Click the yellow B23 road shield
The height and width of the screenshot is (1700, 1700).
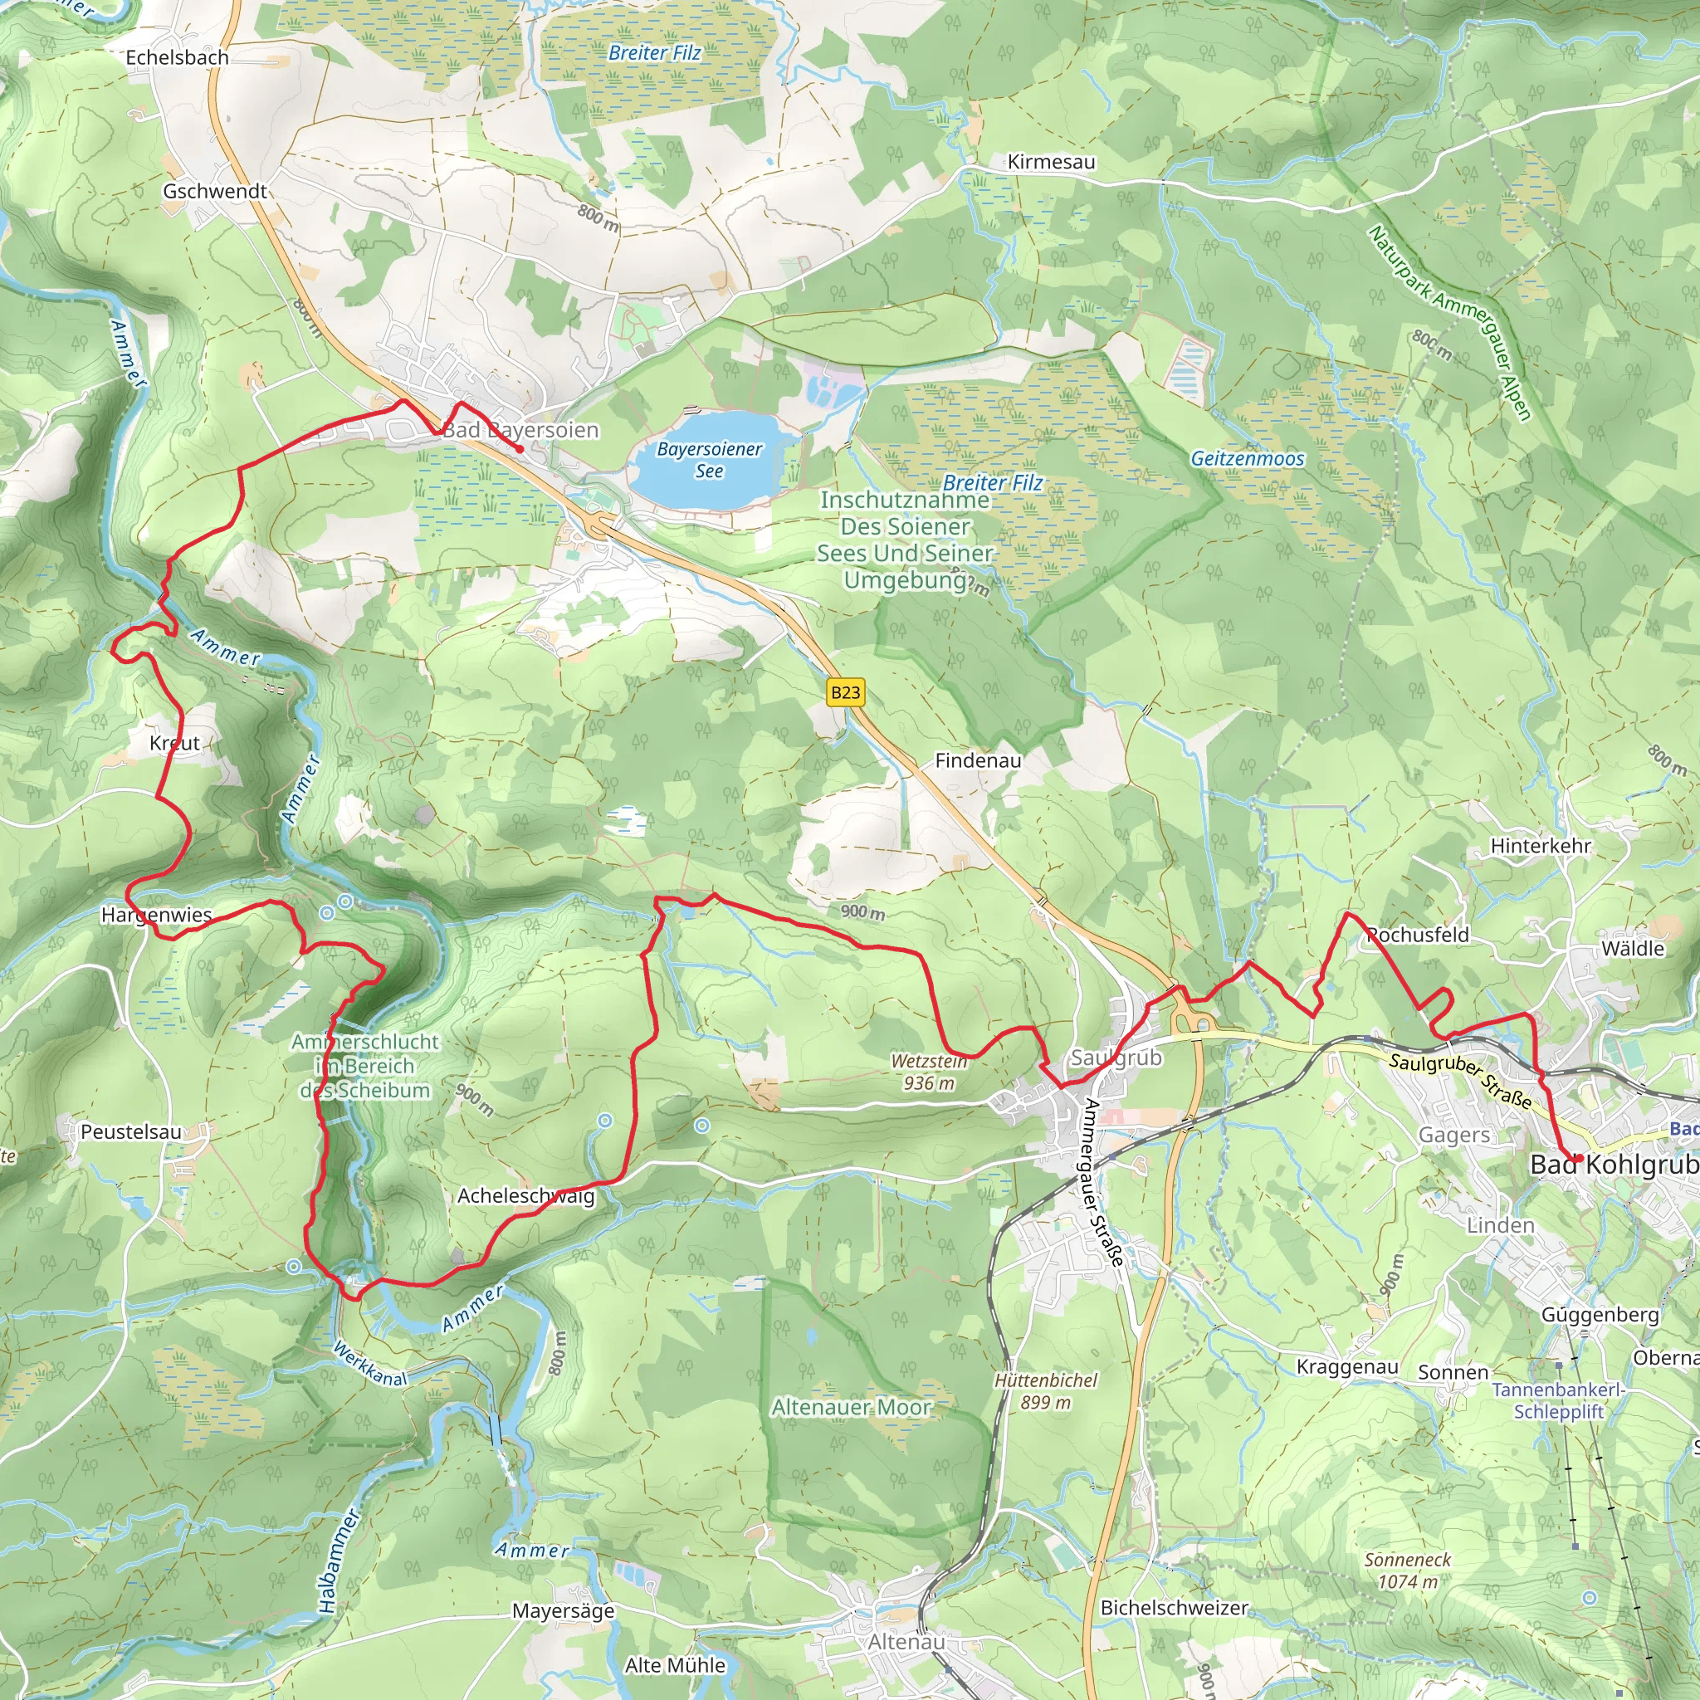pos(846,692)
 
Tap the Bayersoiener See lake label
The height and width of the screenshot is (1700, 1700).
pos(709,459)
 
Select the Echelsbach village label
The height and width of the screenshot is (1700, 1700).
pos(177,57)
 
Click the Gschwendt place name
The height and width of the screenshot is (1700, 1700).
pos(215,191)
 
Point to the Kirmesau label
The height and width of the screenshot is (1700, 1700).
pos(1051,162)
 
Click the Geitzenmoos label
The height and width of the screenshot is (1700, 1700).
pos(1247,458)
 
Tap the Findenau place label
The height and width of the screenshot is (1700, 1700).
pos(978,760)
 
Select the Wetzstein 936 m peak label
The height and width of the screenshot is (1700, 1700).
pos(929,1072)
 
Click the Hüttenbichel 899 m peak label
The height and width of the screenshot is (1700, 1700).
pos(1045,1391)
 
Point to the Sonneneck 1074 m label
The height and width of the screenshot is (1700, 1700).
pos(1407,1571)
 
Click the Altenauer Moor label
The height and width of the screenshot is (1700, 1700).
pos(851,1408)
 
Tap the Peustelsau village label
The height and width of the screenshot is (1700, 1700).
pos(131,1131)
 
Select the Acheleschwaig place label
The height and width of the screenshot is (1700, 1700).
pos(525,1196)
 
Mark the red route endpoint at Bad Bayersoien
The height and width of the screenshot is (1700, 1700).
pos(519,450)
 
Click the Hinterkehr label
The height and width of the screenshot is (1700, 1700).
pos(1540,846)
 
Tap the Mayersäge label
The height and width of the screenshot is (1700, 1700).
pos(563,1610)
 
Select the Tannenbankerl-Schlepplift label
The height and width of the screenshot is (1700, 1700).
pos(1558,1400)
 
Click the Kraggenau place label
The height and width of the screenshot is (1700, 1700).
pos(1347,1366)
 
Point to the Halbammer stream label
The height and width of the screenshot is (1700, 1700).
pos(337,1562)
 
